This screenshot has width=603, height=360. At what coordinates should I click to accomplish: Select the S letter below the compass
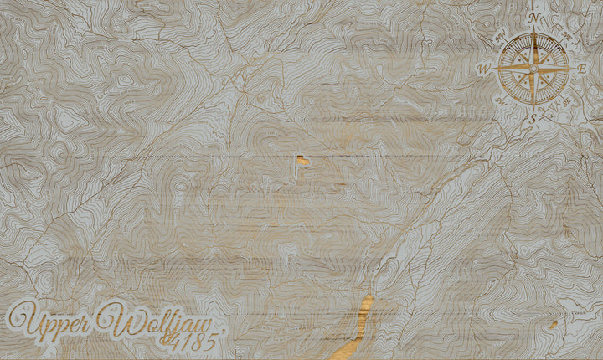533,120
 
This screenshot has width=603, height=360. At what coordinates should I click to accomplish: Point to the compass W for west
483,70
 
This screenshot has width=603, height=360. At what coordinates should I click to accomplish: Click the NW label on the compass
499,37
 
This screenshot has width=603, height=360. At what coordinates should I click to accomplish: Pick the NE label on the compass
565,35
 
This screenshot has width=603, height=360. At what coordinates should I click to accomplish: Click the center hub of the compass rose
533,69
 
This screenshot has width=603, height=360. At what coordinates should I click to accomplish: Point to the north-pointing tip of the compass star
533,29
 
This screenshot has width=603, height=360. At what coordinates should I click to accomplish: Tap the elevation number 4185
195,340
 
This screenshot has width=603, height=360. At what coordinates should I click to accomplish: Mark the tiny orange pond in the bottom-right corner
554,324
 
